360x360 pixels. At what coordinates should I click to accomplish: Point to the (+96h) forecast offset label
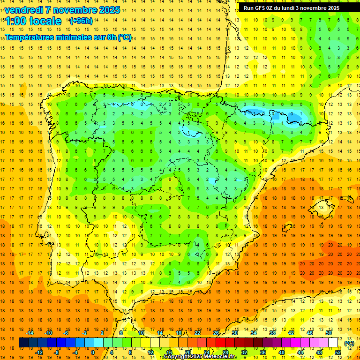[81, 21]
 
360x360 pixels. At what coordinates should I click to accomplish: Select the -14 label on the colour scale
[30, 333]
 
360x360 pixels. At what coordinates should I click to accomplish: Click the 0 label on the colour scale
[93, 352]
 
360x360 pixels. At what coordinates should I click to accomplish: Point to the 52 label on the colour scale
[338, 352]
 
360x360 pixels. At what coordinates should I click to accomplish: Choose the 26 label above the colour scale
[216, 333]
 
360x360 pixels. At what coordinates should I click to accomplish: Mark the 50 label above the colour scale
[329, 333]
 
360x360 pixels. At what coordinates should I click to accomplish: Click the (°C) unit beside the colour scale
[349, 343]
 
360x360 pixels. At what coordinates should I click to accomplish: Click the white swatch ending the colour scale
[333, 343]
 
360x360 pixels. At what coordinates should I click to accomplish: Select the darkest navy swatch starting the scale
[23, 343]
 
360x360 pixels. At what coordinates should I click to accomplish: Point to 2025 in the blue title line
[106, 10]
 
